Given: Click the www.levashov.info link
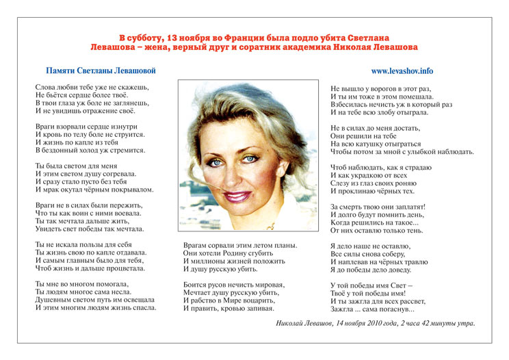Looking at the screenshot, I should tap(402, 71).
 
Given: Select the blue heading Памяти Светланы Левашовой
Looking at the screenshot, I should tap(101, 71).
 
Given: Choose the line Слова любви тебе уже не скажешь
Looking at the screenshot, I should tap(92, 88).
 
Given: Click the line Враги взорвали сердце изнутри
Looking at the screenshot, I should tap(90, 127).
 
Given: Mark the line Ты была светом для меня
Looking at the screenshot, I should tap(77, 166).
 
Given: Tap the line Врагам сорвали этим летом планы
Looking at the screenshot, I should tap(239, 245).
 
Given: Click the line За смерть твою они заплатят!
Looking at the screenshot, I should tap(378, 206).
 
